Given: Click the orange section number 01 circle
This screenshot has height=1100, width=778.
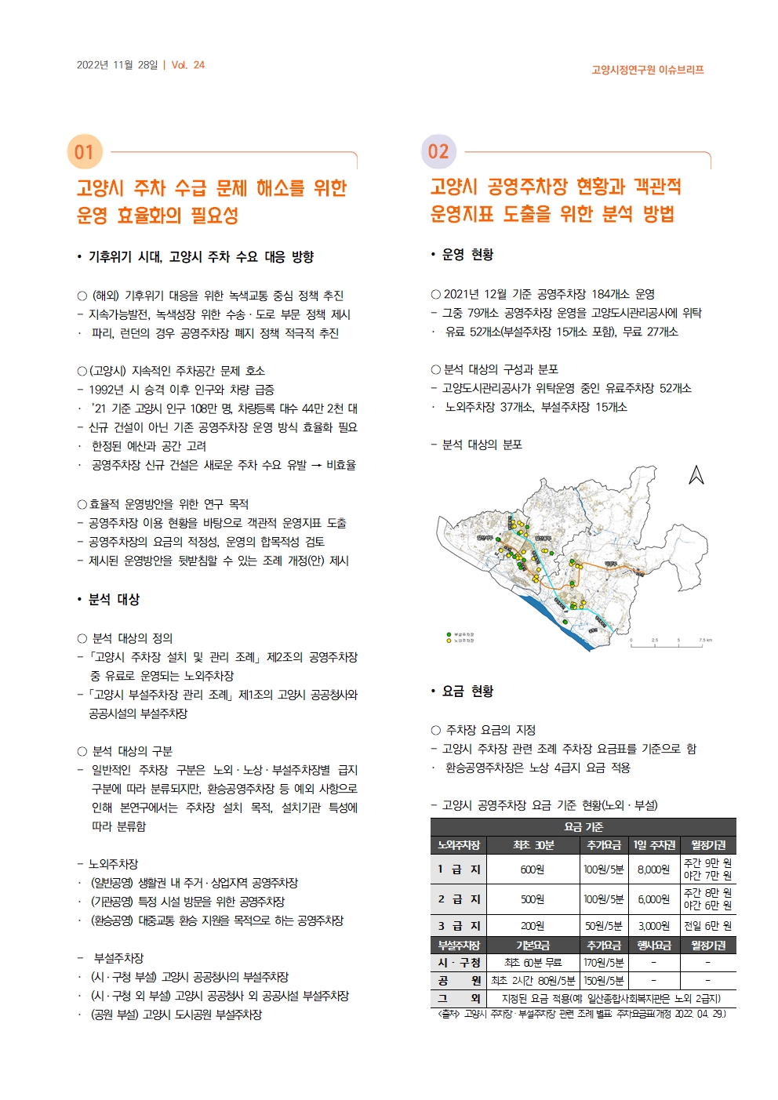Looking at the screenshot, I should tap(85, 152).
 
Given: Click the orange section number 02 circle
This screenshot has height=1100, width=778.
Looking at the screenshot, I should tap(438, 151).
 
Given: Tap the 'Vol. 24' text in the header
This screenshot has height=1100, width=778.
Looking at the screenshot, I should tap(188, 65).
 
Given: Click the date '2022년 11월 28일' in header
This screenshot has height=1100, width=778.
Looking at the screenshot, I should tap(117, 65).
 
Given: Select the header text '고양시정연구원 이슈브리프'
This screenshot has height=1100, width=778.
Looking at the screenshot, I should tap(647, 70).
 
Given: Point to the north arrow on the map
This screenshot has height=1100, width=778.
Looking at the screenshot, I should tap(696, 475).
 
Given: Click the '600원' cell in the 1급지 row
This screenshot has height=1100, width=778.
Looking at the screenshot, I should tap(532, 869).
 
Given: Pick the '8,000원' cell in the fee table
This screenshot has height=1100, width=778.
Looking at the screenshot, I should tap(653, 869).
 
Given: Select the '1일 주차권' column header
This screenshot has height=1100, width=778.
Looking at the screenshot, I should tap(654, 845).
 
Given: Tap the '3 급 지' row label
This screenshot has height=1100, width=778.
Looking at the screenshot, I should tap(459, 926).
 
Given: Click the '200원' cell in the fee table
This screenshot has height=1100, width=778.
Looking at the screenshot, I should tap(532, 926).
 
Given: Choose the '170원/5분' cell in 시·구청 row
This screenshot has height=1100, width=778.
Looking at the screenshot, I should tap(604, 963).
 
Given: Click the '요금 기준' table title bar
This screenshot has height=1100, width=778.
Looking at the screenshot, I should tap(583, 827).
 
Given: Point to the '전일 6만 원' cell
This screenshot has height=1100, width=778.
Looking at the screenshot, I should tap(707, 926).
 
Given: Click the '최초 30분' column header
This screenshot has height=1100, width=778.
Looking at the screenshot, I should tap(533, 845).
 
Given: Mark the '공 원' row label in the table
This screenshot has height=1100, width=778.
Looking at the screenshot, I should tap(459, 981).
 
